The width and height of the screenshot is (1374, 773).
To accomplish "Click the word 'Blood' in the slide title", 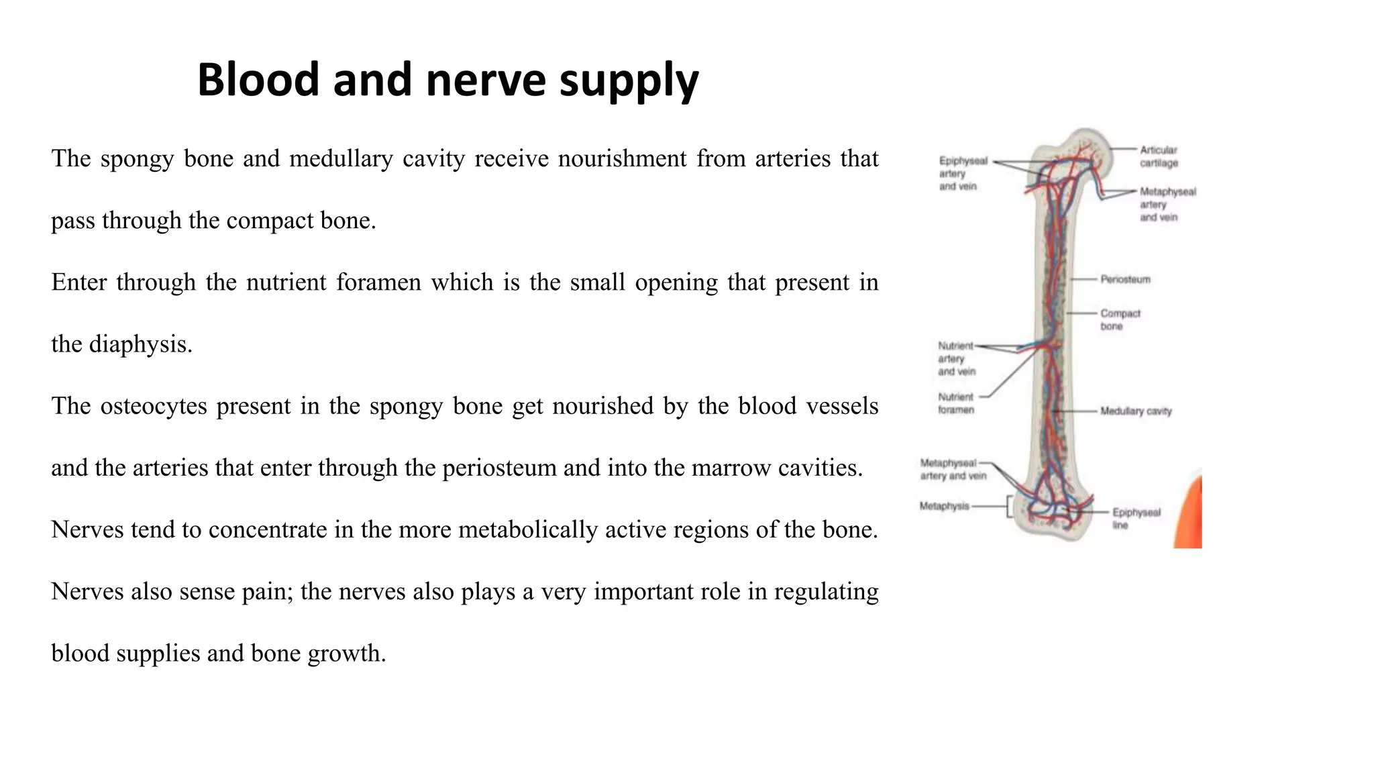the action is coord(258,80).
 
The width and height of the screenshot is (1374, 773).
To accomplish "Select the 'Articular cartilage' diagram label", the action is coord(1159,156).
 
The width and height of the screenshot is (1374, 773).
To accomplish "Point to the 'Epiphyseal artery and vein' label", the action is coord(963,173).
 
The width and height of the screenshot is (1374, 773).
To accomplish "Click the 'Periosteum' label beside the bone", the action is coord(1125,279).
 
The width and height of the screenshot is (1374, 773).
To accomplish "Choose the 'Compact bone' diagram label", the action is coord(1120,319).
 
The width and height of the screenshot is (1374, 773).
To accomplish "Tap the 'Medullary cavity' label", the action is coord(1136,411).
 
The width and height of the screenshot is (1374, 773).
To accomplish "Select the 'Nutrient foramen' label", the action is coord(956,403).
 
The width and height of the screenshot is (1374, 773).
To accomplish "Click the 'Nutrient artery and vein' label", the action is coord(957,358).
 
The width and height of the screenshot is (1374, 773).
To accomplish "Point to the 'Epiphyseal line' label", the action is coord(1136,519).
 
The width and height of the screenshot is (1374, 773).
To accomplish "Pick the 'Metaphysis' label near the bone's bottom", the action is coord(945,506).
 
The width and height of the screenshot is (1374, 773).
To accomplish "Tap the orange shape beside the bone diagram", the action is coord(1190,513).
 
